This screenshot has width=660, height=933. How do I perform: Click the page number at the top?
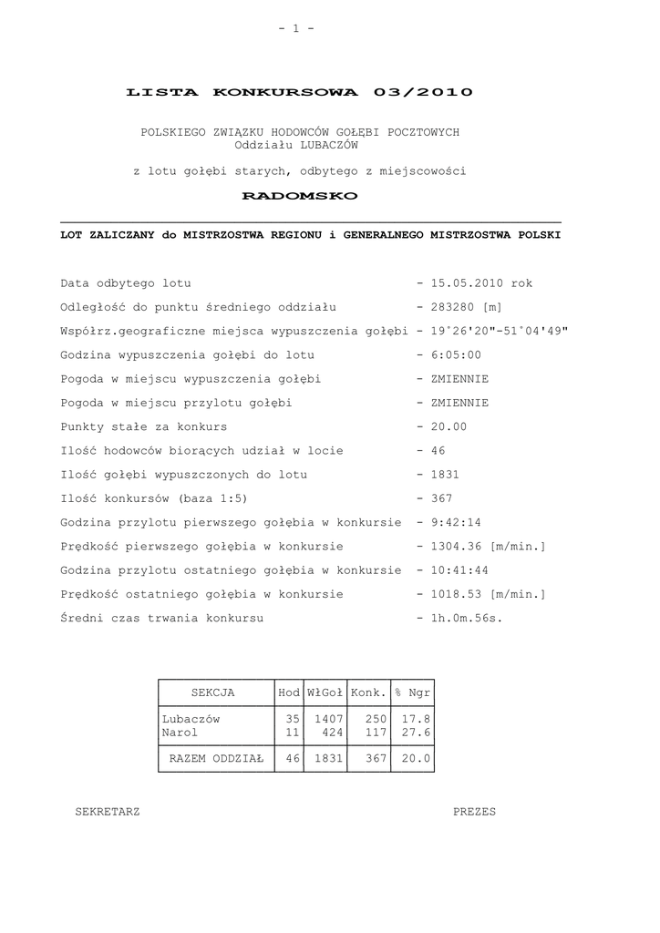tap(296, 28)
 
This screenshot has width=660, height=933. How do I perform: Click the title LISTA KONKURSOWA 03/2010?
tap(300, 92)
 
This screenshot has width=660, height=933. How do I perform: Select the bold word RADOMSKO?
tap(300, 196)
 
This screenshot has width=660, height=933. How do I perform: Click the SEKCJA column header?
tap(212, 692)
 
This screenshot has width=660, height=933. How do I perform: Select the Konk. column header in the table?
tap(369, 692)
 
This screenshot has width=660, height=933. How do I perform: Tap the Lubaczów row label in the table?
tap(191, 718)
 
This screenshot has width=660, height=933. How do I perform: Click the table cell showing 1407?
tap(328, 718)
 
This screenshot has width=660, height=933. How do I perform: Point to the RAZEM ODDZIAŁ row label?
tap(216, 758)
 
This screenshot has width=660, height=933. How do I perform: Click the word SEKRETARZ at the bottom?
tap(108, 812)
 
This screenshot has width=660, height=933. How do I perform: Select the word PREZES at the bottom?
tap(475, 812)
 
